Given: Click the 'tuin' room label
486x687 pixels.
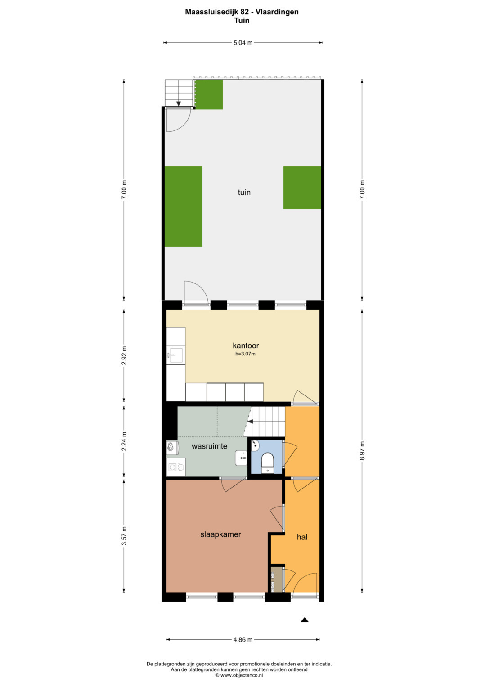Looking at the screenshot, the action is click(244, 192).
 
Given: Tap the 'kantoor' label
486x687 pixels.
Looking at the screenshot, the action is click(246, 346).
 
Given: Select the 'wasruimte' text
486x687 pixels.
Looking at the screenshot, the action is click(210, 446).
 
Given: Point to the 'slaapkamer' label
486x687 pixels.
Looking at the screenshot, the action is click(220, 534).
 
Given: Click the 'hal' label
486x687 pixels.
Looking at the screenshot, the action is click(302, 537).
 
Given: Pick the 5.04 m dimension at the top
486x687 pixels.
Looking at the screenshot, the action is click(243, 43).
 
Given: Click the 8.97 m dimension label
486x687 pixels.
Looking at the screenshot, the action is click(362, 450).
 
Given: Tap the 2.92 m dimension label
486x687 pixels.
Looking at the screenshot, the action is click(124, 355).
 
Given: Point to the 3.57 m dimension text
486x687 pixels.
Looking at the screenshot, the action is click(124, 536).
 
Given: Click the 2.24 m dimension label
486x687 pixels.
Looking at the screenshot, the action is click(124, 441).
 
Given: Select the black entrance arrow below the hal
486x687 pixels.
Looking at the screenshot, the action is click(304, 620).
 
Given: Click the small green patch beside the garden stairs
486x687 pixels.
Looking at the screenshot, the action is click(209, 94).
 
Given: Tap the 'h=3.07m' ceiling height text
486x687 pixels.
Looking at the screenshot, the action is click(245, 354).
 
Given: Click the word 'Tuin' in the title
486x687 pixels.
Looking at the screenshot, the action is click(242, 21).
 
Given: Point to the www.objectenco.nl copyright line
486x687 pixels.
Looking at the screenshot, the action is click(239, 675).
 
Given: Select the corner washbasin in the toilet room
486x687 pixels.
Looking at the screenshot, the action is click(255, 445).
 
